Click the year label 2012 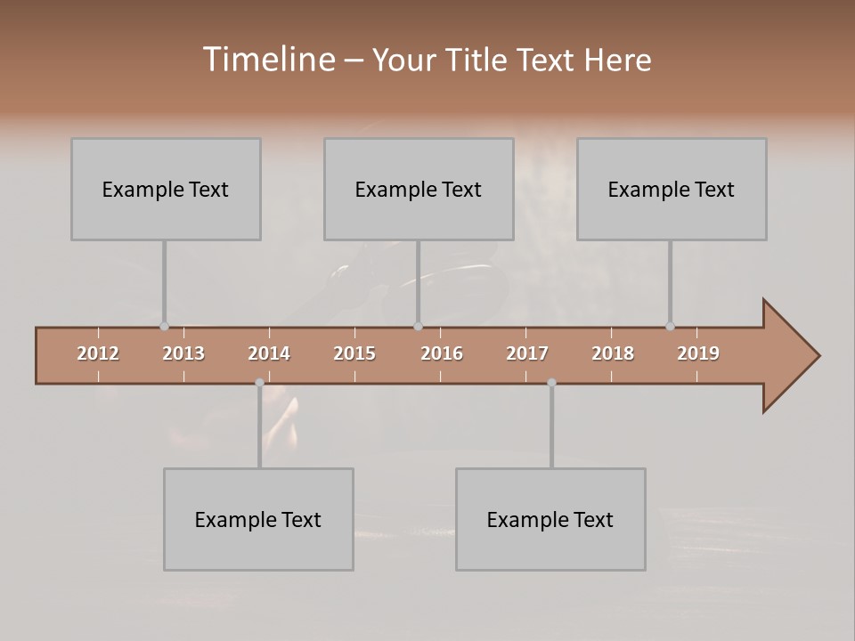pos(98,353)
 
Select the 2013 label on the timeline pos(183,353)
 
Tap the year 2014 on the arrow pos(269,353)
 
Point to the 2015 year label pos(354,353)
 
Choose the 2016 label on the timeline pos(442,353)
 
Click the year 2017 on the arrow pos(527,353)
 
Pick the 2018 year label pos(613,353)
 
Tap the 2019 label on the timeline pos(698,353)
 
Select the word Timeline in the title pos(267,60)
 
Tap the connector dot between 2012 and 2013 pos(164,327)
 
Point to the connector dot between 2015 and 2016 pos(418,327)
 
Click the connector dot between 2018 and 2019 pos(670,327)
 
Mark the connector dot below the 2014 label pos(259,383)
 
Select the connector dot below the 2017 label pos(551,383)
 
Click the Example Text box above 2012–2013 pos(166,189)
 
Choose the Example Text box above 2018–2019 pos(672,189)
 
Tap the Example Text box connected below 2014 pos(258,519)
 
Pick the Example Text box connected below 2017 pos(550,519)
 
